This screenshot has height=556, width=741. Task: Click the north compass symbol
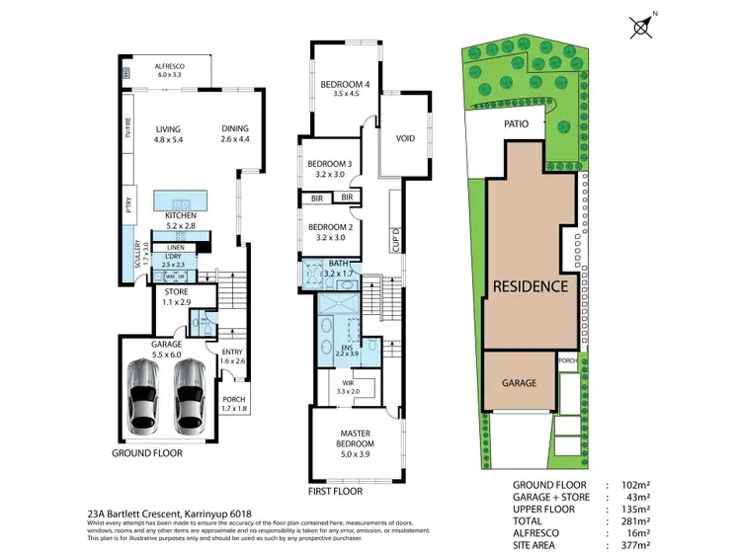[x=639, y=24]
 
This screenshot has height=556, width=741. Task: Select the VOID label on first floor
[x=404, y=138]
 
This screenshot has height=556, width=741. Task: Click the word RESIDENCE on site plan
[x=531, y=286]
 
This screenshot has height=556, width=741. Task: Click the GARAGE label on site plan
[x=518, y=382]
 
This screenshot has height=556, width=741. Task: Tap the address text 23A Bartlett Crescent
[x=129, y=514]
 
